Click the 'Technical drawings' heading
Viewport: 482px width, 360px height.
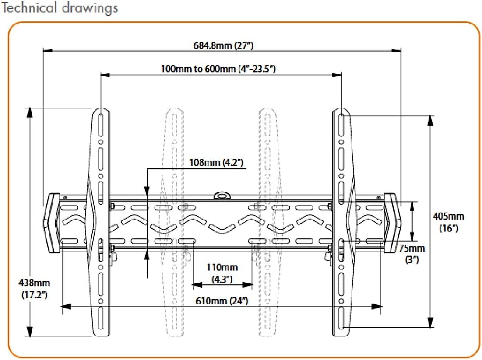click(60, 8)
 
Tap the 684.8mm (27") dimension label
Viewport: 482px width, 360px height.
click(223, 45)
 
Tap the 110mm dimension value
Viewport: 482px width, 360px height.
click(222, 267)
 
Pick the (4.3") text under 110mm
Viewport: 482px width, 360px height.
click(222, 278)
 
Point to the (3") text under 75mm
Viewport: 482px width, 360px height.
click(412, 259)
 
